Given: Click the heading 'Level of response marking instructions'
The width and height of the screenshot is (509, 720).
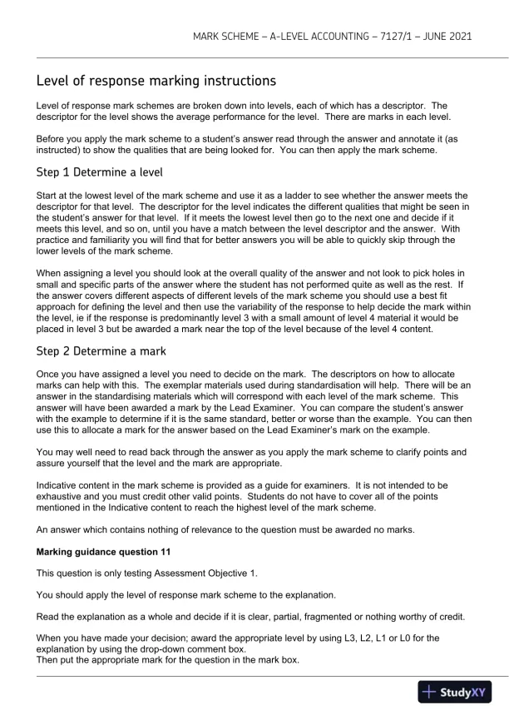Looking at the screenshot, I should point(156,82).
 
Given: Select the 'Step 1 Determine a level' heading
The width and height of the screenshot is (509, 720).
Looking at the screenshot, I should point(99,172).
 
